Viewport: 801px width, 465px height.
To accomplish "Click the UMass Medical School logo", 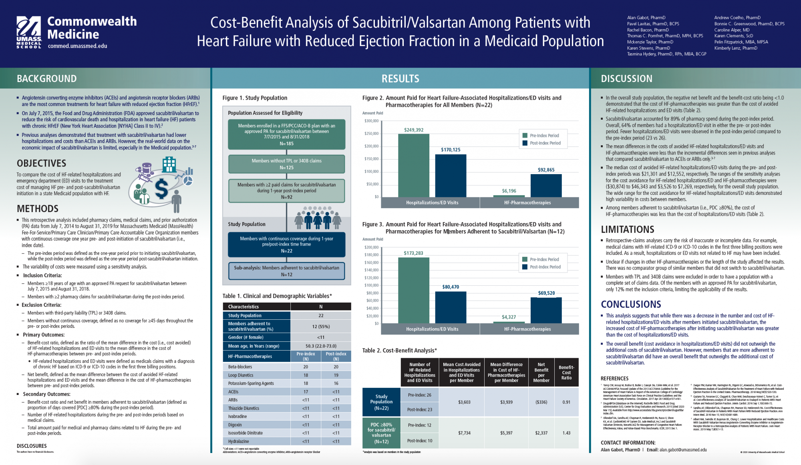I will click(x=29, y=32).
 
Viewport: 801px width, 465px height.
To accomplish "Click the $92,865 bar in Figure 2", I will click(x=546, y=185).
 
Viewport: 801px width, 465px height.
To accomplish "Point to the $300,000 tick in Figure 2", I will click(x=371, y=121).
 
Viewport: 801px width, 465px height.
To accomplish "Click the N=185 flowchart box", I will click(x=286, y=134).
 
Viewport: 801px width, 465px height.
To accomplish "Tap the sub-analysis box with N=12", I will click(x=286, y=271).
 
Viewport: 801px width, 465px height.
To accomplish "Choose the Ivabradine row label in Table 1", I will click(x=237, y=417).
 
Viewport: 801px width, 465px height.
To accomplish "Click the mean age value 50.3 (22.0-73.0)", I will click(x=321, y=346).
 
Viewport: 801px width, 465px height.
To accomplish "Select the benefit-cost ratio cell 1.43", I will click(x=566, y=433).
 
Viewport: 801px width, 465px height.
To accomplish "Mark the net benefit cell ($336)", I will click(x=541, y=402).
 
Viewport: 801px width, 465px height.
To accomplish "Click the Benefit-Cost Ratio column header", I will click(x=566, y=373).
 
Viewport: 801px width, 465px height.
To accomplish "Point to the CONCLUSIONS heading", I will click(x=631, y=304).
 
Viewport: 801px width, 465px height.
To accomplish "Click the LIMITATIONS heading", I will click(x=627, y=229).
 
